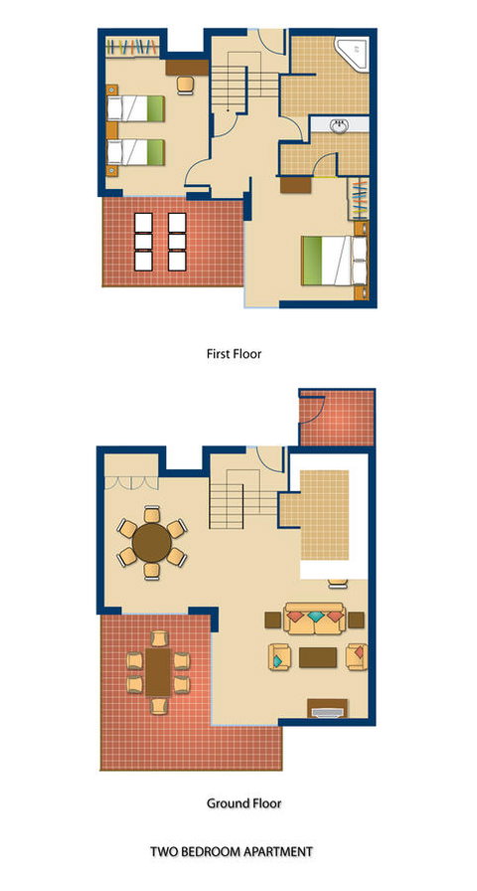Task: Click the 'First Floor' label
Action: coord(234,354)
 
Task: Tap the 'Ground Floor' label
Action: coord(243,803)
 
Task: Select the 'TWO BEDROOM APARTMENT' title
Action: coord(232,852)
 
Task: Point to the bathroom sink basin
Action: coord(340,126)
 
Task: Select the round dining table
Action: coord(152,543)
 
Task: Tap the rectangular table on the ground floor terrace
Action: coord(157,672)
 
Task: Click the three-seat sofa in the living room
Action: coord(315,619)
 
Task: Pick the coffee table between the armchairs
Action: coord(318,657)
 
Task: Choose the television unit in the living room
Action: coord(327,708)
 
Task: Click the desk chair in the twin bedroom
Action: coord(185,86)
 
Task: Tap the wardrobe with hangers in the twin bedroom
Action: coord(133,47)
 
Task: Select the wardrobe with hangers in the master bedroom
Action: coord(359,199)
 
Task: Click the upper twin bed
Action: coord(136,108)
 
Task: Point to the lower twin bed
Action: coord(136,152)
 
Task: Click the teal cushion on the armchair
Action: coord(277,661)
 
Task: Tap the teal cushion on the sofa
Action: coord(315,617)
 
